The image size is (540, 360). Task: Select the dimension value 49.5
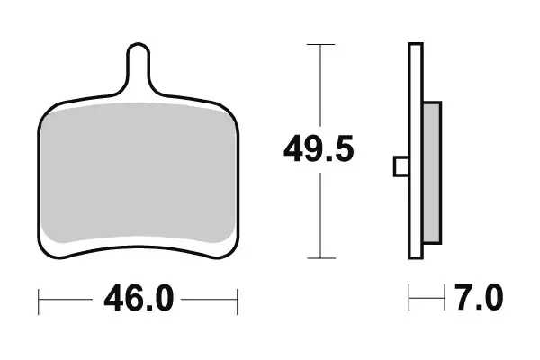(x=319, y=148)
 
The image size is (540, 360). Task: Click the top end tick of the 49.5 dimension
(x=320, y=43)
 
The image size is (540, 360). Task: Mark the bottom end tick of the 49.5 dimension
(x=320, y=258)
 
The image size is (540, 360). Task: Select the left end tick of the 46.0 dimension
(x=39, y=297)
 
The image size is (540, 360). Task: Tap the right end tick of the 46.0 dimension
(x=236, y=297)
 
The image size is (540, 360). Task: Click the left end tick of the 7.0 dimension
(x=410, y=295)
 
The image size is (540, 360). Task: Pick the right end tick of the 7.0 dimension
(x=444, y=295)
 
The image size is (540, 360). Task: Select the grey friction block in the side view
(x=432, y=172)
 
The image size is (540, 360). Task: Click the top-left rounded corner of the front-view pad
(x=49, y=108)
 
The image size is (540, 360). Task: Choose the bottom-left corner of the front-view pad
(x=47, y=250)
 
